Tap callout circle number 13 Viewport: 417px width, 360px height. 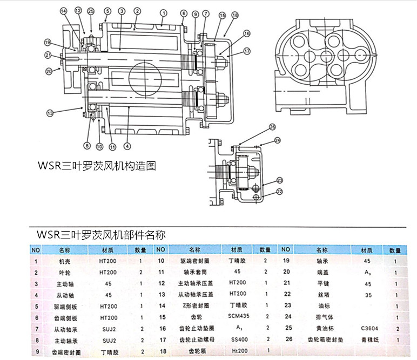click(x=50, y=113)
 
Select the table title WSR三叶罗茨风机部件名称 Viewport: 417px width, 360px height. click(x=101, y=235)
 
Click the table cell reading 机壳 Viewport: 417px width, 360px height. click(x=64, y=261)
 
